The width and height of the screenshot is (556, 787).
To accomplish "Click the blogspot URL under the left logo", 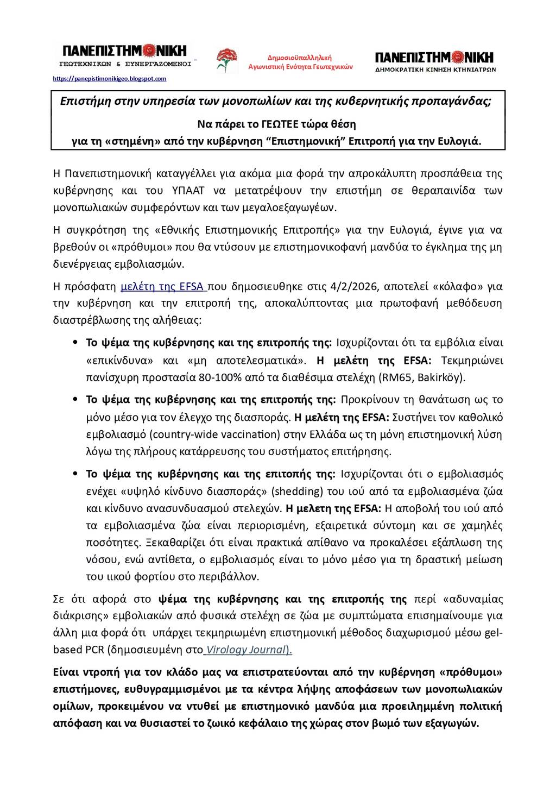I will pyautogui.click(x=109, y=79).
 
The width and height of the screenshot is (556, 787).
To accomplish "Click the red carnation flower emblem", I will pyautogui.click(x=227, y=60).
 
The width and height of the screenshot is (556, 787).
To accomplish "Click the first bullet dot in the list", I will pyautogui.click(x=75, y=343).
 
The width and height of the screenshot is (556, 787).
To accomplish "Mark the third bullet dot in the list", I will pyautogui.click(x=75, y=474).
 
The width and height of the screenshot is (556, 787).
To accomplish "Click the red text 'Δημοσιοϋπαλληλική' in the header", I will pyautogui.click(x=300, y=58).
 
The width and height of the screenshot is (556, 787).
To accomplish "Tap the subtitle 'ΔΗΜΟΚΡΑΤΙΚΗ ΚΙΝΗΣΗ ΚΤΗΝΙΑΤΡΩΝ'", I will pyautogui.click(x=435, y=70).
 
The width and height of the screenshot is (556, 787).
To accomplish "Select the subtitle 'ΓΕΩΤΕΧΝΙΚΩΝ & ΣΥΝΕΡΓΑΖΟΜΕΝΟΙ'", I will pyautogui.click(x=125, y=64).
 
